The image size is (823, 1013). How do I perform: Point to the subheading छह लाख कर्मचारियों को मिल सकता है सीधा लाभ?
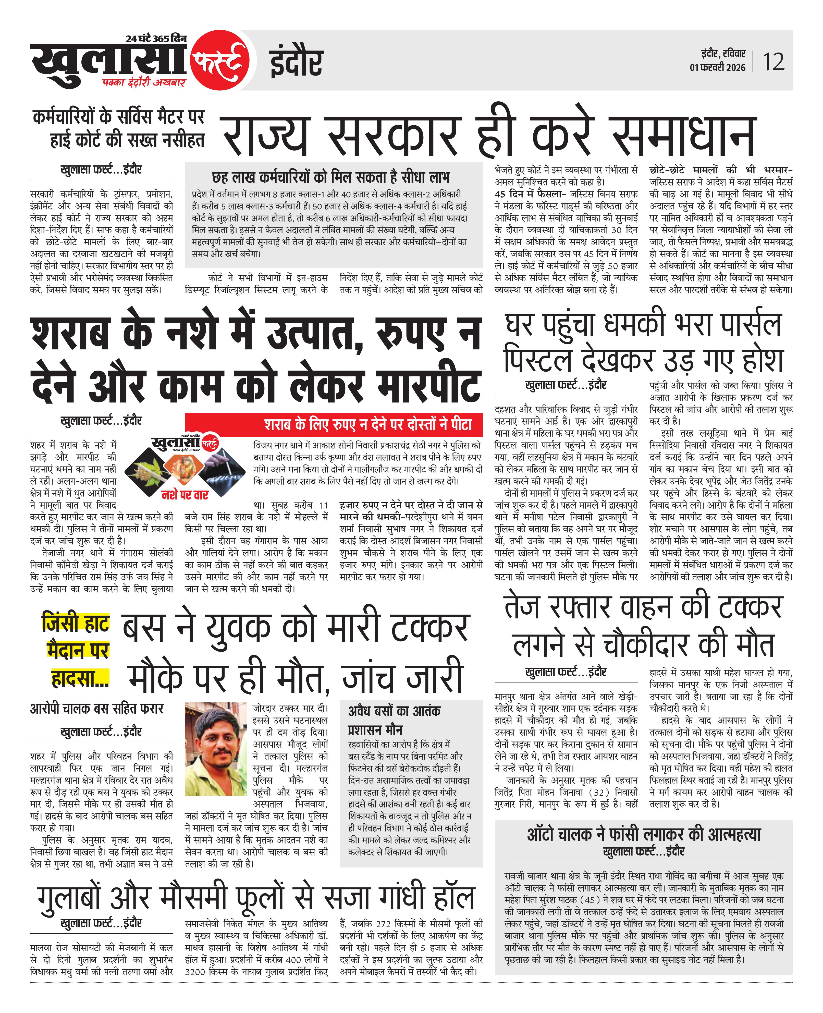click(330, 177)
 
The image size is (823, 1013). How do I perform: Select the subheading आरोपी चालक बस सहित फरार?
click(97, 709)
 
